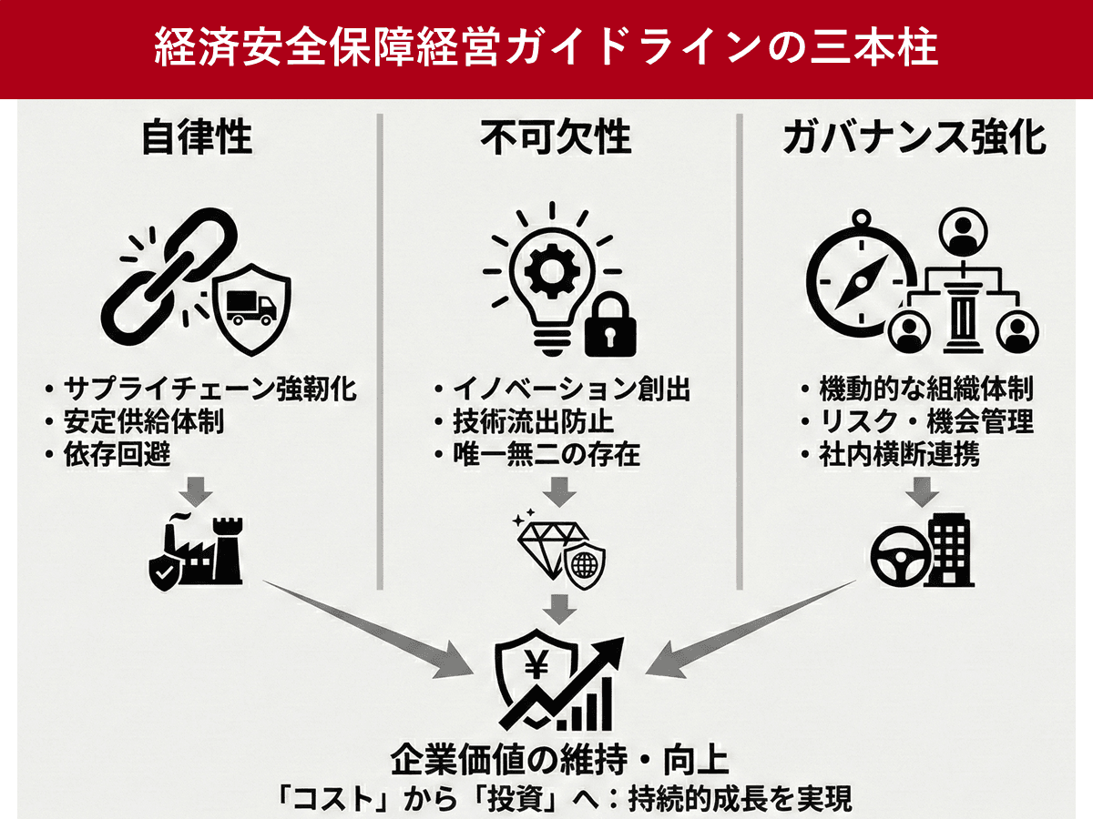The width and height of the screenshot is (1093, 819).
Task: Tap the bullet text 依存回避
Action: coord(117,454)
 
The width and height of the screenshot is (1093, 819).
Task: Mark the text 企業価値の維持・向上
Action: coord(560,758)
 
